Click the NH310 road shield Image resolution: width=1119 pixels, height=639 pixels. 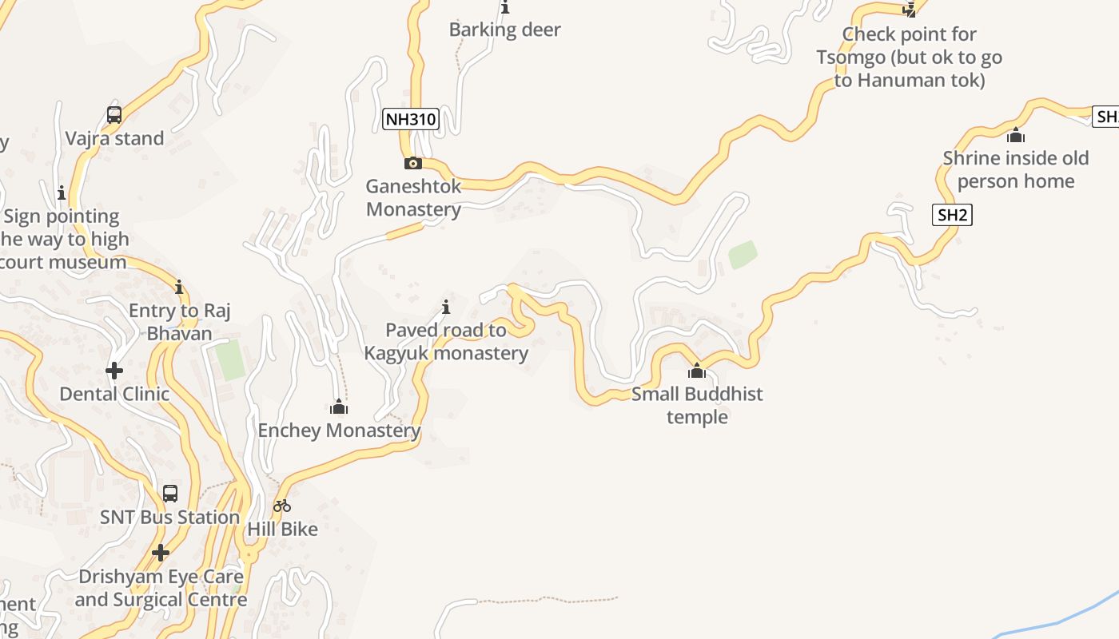[411, 120]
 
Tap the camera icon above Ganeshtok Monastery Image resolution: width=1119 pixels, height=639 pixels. [412, 164]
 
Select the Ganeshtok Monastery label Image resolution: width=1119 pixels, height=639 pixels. [413, 198]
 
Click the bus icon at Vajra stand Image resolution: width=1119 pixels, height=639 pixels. [114, 115]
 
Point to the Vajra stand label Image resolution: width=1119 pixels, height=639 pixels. [114, 138]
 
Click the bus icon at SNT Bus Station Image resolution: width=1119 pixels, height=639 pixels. [170, 494]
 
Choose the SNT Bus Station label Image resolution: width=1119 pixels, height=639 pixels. [169, 518]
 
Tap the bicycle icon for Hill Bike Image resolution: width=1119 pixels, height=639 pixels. [282, 506]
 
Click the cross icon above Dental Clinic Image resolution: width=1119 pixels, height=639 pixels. [114, 371]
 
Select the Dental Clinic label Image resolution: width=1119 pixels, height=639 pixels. [114, 394]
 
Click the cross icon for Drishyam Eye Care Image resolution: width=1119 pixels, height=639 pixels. [161, 553]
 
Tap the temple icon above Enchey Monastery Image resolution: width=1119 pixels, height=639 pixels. [339, 407]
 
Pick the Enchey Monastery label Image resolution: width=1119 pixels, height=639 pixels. [339, 431]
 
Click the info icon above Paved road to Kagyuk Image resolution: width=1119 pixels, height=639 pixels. [446, 307]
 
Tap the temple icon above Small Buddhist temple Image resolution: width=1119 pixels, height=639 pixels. [697, 371]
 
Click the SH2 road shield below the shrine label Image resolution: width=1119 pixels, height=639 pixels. [952, 215]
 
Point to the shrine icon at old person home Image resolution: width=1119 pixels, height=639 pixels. [1016, 135]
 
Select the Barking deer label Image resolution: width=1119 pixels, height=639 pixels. [505, 30]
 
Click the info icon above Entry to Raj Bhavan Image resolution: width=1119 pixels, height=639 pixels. [179, 288]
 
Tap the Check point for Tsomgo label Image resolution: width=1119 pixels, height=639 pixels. [909, 58]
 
